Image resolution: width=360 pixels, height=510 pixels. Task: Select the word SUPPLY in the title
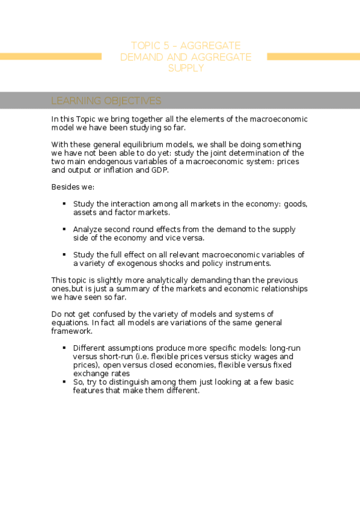tap(186, 68)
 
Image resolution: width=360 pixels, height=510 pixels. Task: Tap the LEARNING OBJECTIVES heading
tap(106, 100)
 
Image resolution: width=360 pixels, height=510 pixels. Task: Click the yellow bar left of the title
tap(50, 57)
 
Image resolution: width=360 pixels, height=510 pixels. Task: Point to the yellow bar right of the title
tap(313, 57)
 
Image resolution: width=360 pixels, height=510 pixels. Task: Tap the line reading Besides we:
tap(69, 187)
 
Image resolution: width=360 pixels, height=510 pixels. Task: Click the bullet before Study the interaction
tap(64, 204)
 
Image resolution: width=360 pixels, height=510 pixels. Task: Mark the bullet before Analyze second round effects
tap(64, 229)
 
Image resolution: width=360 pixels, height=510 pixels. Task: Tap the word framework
tap(72, 331)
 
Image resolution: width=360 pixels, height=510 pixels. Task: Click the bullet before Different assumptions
tap(64, 348)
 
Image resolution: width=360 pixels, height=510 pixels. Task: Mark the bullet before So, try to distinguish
tap(64, 381)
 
